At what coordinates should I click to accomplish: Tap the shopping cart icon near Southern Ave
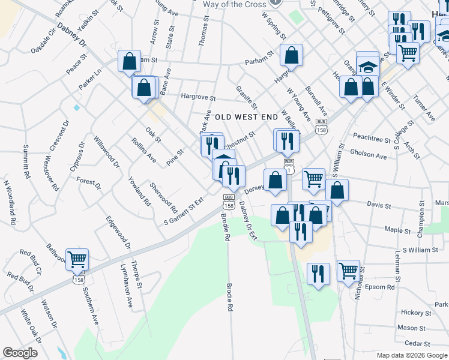tap(77, 259)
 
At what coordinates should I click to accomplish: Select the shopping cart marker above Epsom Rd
tap(348, 271)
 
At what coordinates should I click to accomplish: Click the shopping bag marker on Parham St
tap(291, 56)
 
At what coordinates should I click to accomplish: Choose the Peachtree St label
tap(372, 139)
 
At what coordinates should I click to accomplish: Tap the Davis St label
tap(379, 206)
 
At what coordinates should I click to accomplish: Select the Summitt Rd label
tap(26, 161)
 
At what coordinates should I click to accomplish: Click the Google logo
tap(20, 353)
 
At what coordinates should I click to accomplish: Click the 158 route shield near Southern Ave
tap(79, 280)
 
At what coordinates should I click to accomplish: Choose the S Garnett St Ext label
tap(184, 213)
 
